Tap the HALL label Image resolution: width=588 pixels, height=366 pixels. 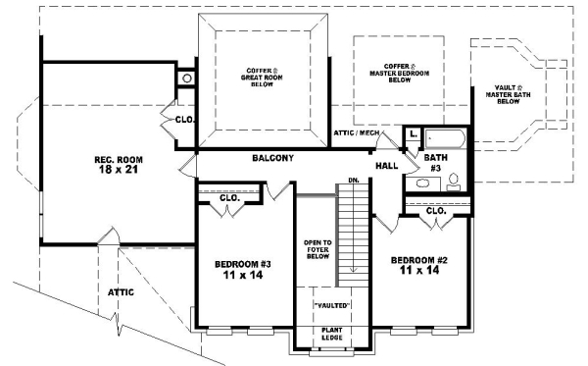tap(386, 166)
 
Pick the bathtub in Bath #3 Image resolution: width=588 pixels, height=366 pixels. tap(447, 137)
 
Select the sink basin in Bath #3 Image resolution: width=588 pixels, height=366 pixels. tap(436, 183)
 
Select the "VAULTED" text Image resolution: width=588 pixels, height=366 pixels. tap(331, 306)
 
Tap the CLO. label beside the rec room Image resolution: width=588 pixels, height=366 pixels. tap(183, 120)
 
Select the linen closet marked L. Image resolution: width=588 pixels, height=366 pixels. tap(413, 133)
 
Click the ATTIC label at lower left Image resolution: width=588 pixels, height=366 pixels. tap(120, 291)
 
